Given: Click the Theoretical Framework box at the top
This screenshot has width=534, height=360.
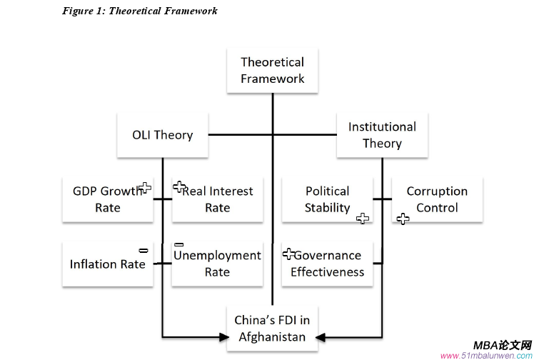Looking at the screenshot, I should tap(272, 71).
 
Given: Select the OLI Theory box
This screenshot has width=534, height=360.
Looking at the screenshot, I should tap(163, 134).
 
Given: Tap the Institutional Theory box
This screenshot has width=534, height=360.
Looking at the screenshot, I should tap(382, 134).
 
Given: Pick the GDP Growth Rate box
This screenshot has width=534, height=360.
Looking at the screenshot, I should tap(107, 199).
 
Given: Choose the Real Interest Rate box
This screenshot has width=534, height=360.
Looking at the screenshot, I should tap(217, 199).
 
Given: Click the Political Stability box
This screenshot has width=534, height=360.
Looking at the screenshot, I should tap(327, 199).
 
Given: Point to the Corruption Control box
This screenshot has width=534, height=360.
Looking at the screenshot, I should tap(437, 199).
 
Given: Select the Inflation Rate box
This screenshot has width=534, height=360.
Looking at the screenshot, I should tap(107, 264).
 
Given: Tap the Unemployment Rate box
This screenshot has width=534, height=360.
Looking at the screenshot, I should tap(217, 264).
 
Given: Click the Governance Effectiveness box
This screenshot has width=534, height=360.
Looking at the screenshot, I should tap(327, 264).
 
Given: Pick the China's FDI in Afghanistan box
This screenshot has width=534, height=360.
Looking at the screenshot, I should tap(272, 329).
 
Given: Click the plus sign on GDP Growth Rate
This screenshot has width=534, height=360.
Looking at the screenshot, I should tap(145, 188).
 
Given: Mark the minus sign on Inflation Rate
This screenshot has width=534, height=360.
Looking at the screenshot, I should tap(143, 250).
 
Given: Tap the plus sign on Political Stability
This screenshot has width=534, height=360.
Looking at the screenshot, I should tap(363, 219).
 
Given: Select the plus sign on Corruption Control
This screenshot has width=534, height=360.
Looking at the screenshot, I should tap(403, 219).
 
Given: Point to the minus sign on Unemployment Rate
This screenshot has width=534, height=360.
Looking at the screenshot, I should tap(179, 244).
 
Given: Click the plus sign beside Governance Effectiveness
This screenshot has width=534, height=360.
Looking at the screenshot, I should tap(289, 253).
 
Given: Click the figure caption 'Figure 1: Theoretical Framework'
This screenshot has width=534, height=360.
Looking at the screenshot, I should tap(139, 11).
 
